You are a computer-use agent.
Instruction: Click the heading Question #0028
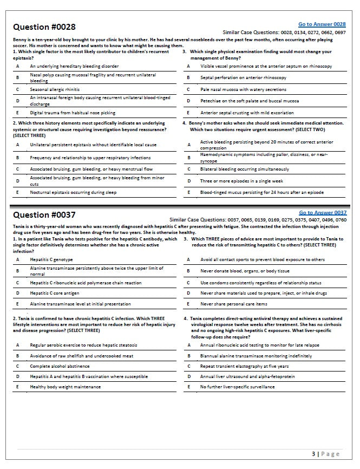44,27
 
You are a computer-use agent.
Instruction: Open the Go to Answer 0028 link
322,24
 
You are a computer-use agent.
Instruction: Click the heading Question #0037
44,215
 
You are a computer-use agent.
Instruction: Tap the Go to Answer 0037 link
323,212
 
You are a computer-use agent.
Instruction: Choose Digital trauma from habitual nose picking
73,113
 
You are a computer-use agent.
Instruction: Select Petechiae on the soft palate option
249,101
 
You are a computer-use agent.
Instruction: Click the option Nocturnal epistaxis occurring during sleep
74,192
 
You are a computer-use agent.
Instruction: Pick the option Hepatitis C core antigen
55,293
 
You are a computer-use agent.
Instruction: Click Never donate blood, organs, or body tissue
245,271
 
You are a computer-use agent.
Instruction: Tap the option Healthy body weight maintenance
65,387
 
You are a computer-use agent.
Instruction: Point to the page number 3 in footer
314,454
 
